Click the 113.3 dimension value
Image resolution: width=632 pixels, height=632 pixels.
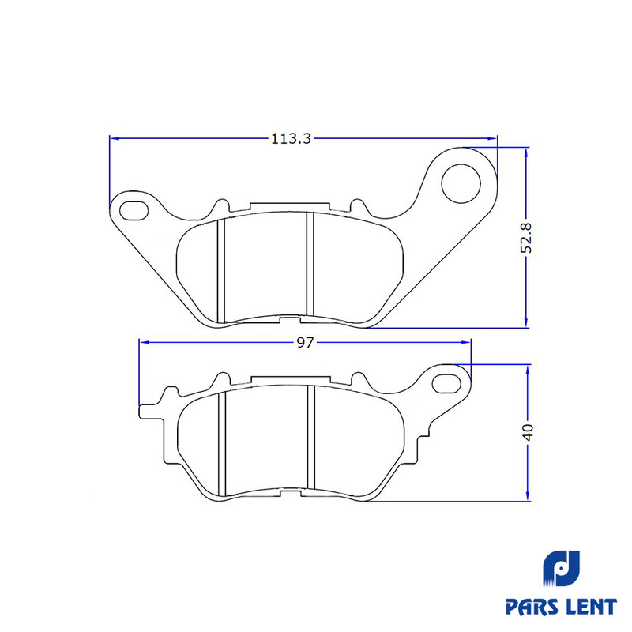coord(291,139)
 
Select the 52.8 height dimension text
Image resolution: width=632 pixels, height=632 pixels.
coord(526,238)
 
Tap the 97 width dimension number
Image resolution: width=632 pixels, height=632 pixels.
coord(305,342)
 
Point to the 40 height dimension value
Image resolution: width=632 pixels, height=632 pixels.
coord(528,432)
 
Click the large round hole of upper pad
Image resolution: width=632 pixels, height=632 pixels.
coord(461,183)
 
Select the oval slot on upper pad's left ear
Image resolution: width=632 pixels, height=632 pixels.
coord(134,210)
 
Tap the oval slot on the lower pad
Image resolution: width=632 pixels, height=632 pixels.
coord(446,383)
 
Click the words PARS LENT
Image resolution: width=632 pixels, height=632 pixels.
coord(561,607)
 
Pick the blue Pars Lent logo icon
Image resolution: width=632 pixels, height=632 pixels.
coord(562,568)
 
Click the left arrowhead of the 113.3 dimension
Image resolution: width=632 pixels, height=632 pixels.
coord(114,138)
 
